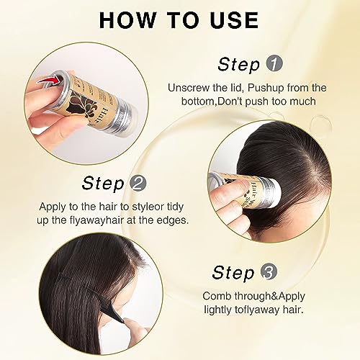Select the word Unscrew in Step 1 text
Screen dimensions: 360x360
[189, 87]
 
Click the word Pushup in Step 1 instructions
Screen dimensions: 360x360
[266, 87]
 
